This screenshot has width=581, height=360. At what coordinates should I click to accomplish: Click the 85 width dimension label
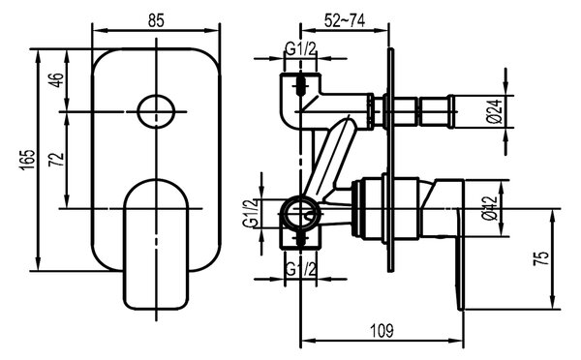pos(156,20)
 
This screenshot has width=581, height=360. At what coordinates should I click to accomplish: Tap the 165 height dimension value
pos(28,160)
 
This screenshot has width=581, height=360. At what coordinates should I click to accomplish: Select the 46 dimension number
pos(57,80)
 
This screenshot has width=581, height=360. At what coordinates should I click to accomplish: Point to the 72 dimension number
pos(57,160)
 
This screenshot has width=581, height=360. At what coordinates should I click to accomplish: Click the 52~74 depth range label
pos(345,20)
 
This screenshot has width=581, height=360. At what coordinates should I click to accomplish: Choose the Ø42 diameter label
pos(490,208)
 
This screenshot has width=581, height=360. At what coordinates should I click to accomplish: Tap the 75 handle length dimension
pos(540,258)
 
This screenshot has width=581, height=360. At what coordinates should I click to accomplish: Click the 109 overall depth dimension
pos(382,331)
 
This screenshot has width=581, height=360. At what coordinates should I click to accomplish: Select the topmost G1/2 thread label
pos(300,48)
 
